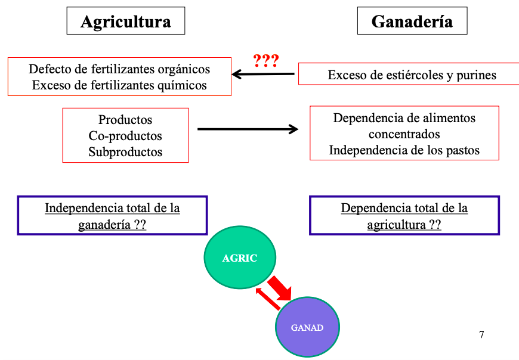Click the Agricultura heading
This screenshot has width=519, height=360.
tap(125, 22)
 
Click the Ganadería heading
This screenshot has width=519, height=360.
tap(412, 22)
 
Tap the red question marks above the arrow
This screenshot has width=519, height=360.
tap(266, 60)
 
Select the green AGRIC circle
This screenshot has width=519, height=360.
tap(240, 258)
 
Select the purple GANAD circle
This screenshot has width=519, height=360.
tap(307, 327)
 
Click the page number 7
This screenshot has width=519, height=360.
tap(481, 334)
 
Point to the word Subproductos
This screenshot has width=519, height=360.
tap(125, 152)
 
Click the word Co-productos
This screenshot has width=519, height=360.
tap(125, 136)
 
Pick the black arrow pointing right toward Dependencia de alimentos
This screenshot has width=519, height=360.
tap(248, 129)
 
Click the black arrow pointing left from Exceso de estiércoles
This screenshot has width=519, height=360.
tap(263, 75)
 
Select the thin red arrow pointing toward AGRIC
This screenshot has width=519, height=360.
tap(268, 299)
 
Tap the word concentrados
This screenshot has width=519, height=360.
tap(404, 134)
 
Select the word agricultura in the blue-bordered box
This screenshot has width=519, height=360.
tap(396, 225)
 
